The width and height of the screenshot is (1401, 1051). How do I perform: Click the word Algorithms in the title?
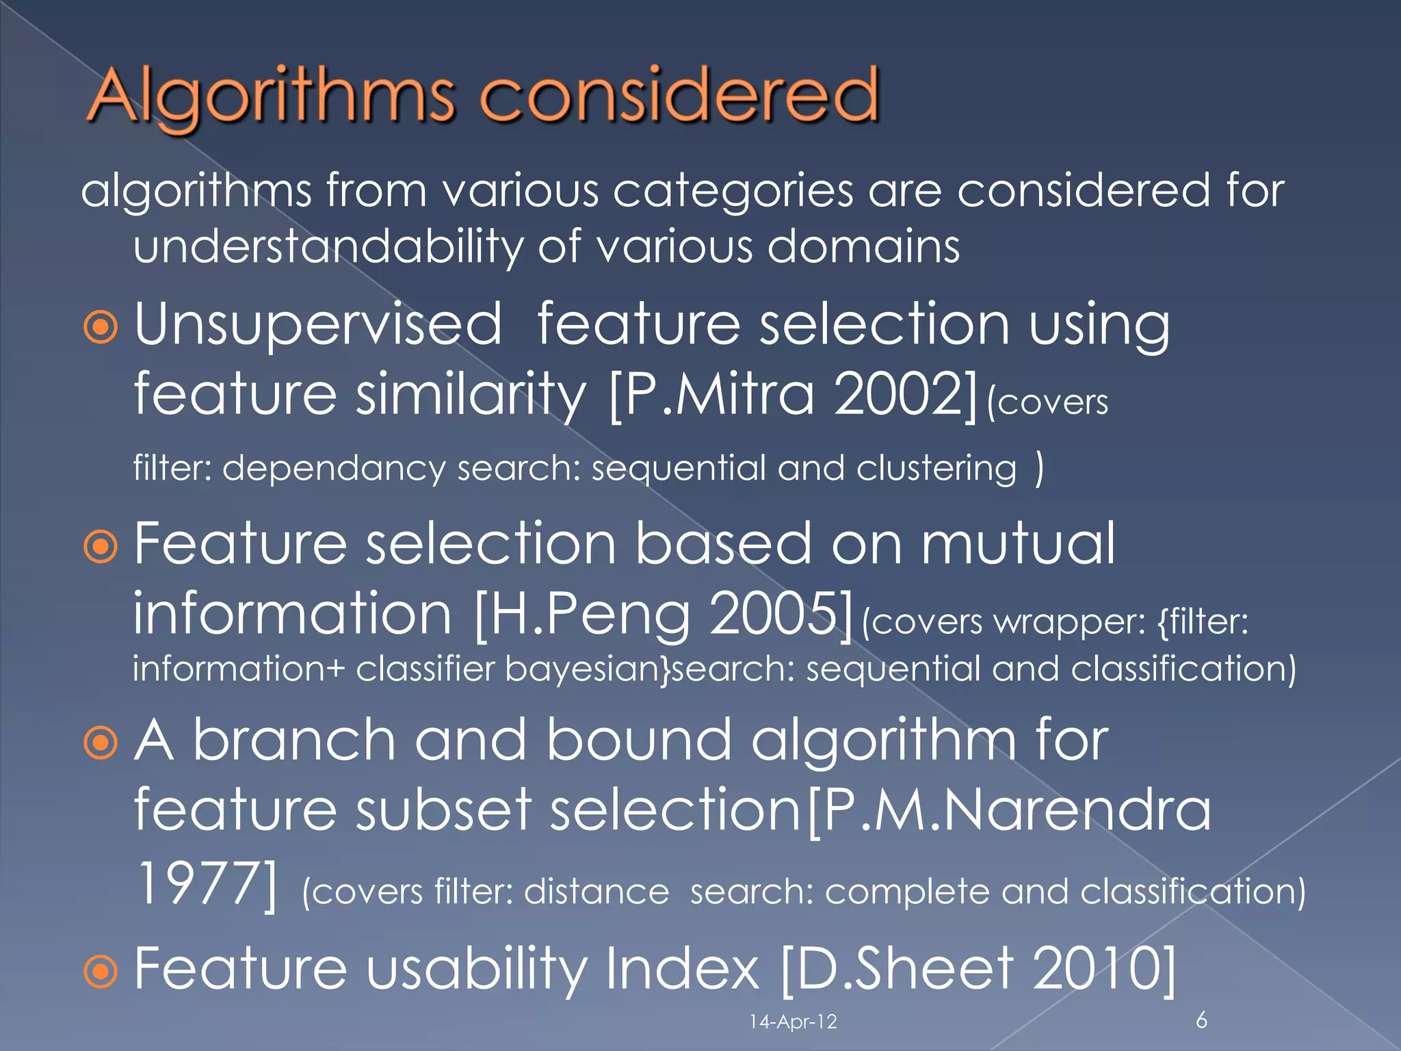click(270, 96)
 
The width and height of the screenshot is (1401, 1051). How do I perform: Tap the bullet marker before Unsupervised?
click(101, 328)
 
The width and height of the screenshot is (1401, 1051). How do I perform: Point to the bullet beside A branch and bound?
click(101, 743)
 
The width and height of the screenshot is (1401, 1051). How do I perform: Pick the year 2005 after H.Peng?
click(772, 614)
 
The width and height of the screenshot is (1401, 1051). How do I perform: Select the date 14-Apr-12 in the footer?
click(793, 1022)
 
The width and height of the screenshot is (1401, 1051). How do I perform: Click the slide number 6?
click(1201, 1020)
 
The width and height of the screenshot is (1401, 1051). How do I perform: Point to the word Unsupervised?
click(318, 324)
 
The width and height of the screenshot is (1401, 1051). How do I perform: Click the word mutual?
click(1018, 543)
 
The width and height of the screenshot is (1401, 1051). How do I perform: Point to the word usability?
click(471, 968)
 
